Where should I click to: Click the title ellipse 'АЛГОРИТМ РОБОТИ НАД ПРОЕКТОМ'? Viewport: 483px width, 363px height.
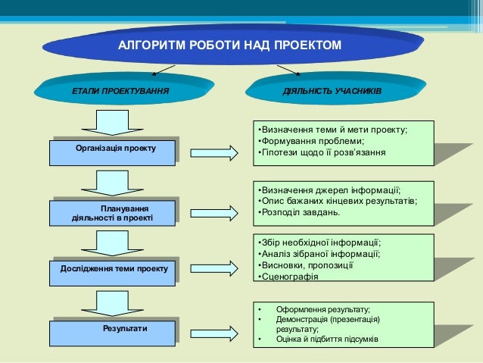(x=230, y=47)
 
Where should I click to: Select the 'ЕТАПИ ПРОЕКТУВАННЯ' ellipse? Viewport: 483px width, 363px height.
(x=120, y=92)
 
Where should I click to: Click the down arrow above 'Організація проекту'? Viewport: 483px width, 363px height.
(x=114, y=121)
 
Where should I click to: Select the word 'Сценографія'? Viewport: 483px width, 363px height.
(x=291, y=277)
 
